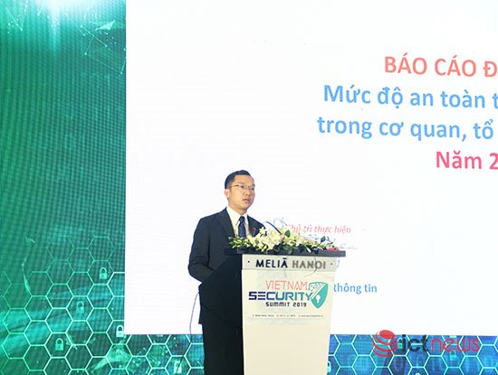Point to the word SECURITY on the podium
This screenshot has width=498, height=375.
click(275, 295)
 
